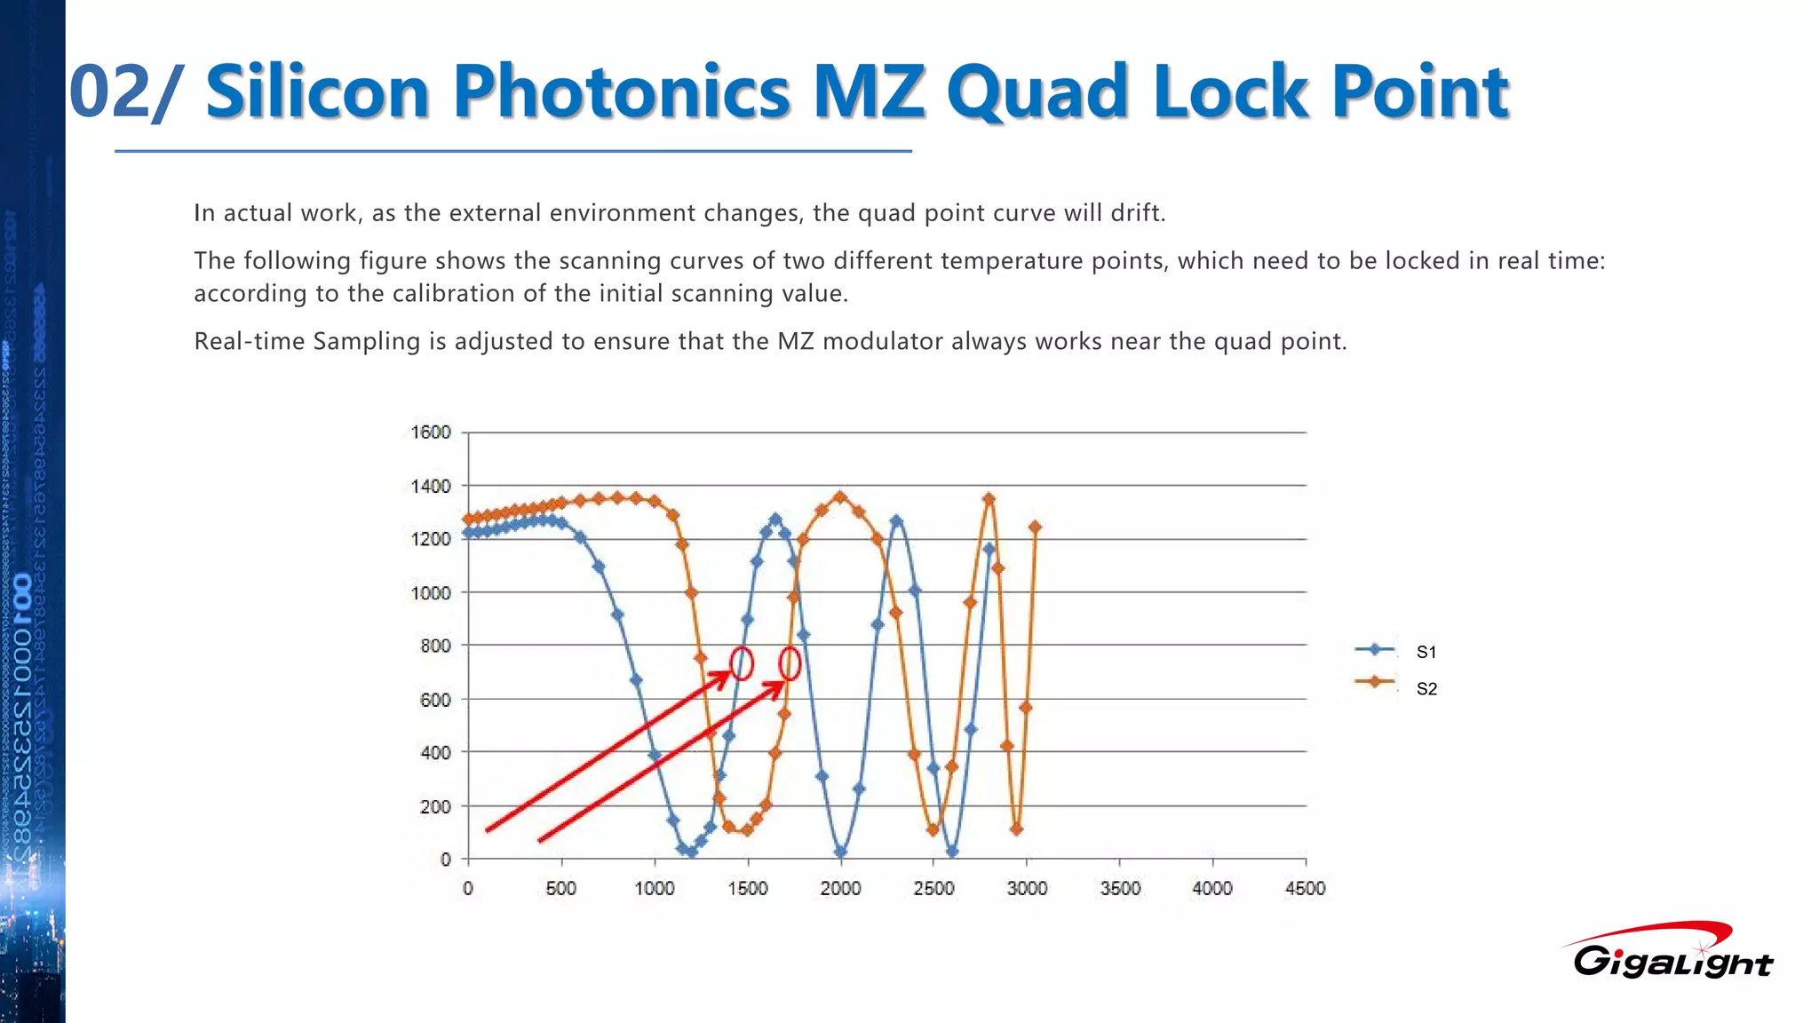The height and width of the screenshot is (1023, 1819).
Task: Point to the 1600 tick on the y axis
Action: tap(431, 432)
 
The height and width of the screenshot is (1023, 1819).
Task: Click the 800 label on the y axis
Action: tap(435, 646)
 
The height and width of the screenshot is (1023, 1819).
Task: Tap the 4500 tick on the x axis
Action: tap(1305, 888)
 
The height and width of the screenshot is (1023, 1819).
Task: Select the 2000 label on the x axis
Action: tap(840, 888)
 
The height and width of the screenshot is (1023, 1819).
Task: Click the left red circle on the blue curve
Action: tap(742, 663)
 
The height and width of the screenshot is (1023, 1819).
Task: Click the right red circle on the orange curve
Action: tap(790, 663)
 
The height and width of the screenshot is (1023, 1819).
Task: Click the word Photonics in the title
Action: tap(621, 91)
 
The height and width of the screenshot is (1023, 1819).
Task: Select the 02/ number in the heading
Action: tap(124, 91)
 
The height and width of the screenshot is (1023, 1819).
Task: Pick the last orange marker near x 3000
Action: tap(1035, 527)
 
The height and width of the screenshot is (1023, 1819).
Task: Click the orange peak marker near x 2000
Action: tap(841, 497)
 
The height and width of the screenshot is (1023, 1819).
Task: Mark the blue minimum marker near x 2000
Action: tap(841, 852)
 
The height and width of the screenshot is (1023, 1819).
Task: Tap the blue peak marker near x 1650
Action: tap(775, 519)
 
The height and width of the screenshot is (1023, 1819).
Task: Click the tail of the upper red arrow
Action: tap(488, 830)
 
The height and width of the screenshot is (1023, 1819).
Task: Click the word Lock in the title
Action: tap(1229, 91)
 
